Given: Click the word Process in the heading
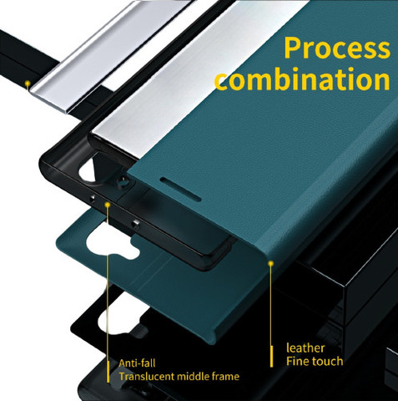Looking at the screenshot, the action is [337, 48].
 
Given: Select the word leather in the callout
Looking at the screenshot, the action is [305, 348].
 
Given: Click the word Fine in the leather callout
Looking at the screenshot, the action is [297, 361].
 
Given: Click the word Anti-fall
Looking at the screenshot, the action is [137, 363].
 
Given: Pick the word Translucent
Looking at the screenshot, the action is [147, 376].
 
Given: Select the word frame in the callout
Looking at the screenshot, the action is [225, 376].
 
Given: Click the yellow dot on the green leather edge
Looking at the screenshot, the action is [271, 263].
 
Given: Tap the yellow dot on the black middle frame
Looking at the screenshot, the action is [108, 205].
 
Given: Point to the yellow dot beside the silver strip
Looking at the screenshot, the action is [28, 84].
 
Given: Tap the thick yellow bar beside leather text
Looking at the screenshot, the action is [271, 356].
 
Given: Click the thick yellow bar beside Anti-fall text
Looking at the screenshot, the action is [108, 372].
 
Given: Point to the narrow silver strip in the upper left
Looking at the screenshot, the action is [110, 57].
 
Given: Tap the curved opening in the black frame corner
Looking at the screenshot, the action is [86, 170].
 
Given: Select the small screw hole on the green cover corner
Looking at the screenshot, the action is [123, 180].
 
